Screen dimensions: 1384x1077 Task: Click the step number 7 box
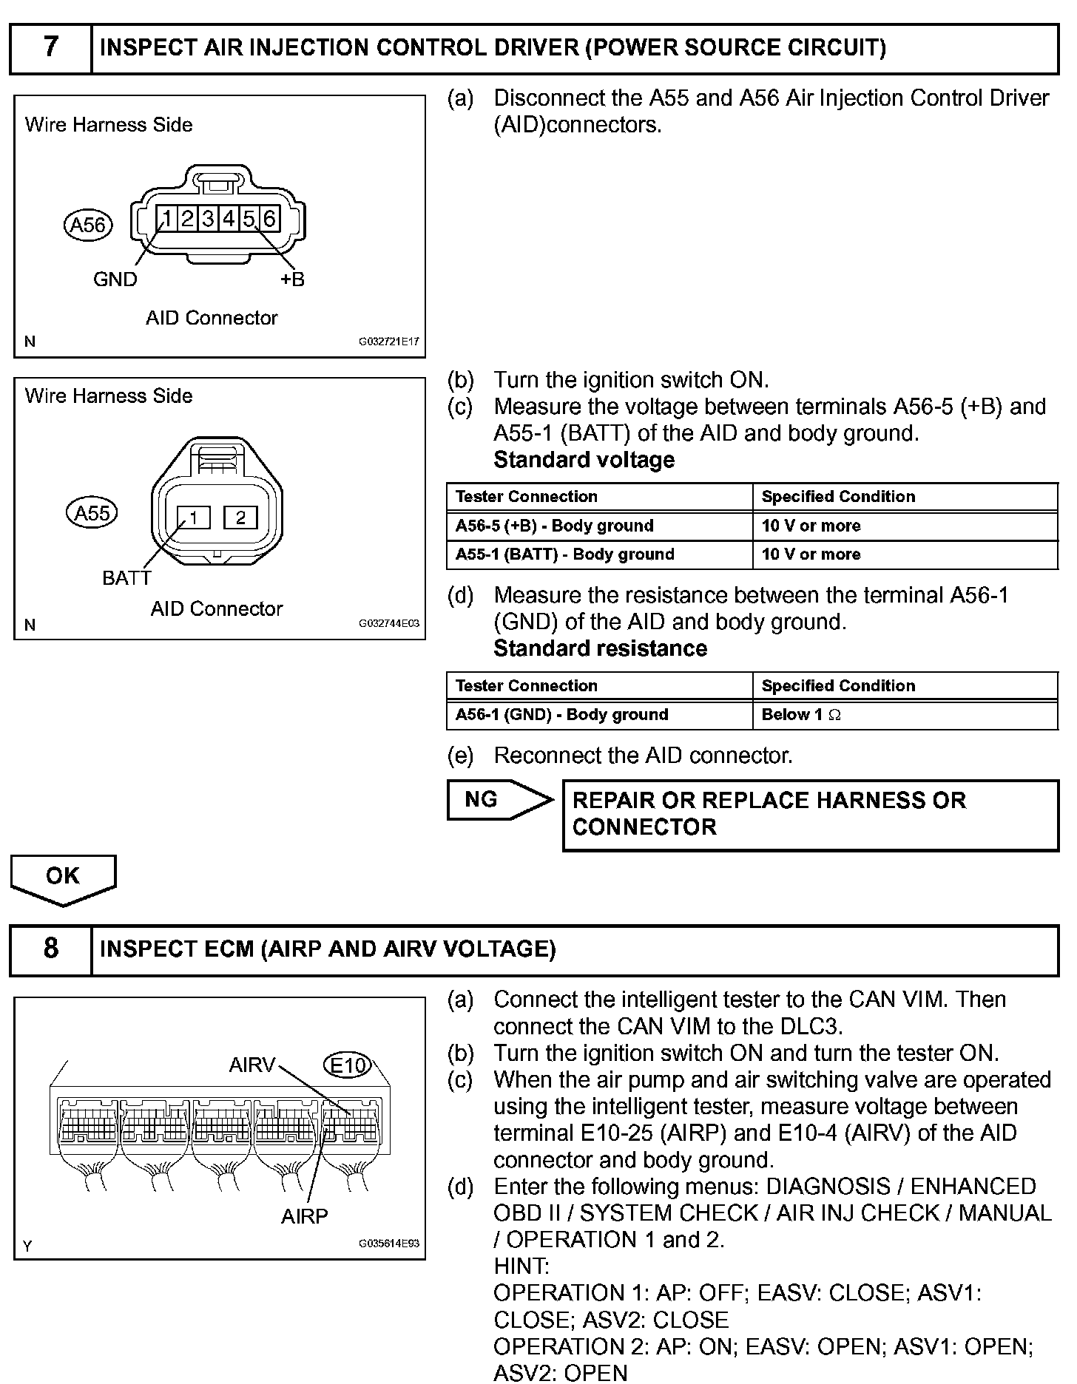(50, 48)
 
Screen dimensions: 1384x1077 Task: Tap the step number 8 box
(50, 949)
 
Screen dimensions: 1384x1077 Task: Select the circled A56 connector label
(88, 225)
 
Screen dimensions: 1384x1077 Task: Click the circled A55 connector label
(92, 513)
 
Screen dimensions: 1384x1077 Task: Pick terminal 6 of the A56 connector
(269, 219)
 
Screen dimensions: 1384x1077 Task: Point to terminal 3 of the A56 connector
(209, 219)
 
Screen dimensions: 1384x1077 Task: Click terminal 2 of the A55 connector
(240, 518)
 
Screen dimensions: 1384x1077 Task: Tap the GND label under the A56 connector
(115, 279)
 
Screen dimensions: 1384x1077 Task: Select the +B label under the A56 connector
(292, 279)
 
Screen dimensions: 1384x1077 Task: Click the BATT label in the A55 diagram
(126, 578)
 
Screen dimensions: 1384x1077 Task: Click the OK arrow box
(63, 877)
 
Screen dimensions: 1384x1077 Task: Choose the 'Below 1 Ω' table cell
(905, 715)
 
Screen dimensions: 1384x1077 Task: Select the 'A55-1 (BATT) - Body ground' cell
(599, 554)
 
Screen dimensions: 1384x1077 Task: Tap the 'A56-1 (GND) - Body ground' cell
(599, 715)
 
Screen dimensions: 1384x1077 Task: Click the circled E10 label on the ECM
(347, 1065)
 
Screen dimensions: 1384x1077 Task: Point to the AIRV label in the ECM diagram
(252, 1065)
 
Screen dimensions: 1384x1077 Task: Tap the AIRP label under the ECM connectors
(304, 1216)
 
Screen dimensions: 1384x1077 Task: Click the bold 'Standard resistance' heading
(600, 648)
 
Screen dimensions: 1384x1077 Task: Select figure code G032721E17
(389, 342)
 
